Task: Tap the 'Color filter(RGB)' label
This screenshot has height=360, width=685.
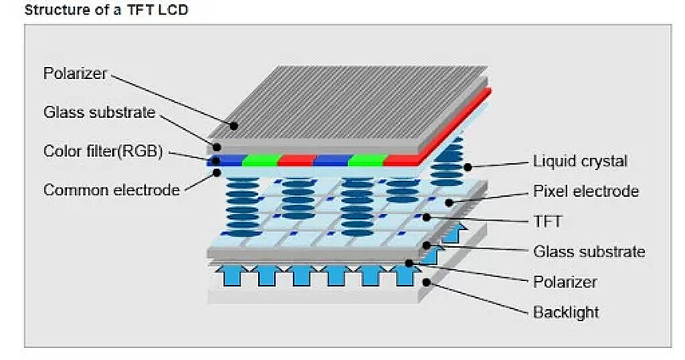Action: click(103, 151)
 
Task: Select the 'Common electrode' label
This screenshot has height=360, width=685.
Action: click(111, 190)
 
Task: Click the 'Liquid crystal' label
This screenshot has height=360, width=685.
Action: click(580, 162)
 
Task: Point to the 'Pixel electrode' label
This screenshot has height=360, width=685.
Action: click(585, 191)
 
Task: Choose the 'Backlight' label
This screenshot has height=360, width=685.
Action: click(566, 312)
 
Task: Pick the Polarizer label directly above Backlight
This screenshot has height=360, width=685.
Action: click(565, 282)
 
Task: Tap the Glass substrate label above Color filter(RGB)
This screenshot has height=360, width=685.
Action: click(99, 112)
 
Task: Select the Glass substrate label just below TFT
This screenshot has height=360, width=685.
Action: click(589, 252)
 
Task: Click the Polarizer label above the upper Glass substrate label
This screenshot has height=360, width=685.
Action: click(76, 73)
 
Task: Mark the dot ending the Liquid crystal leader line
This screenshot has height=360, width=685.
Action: click(469, 167)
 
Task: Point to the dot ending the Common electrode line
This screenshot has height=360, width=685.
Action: click(217, 171)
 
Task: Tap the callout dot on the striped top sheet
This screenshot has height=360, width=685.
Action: click(234, 125)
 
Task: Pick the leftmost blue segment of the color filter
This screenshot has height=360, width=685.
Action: click(225, 160)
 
